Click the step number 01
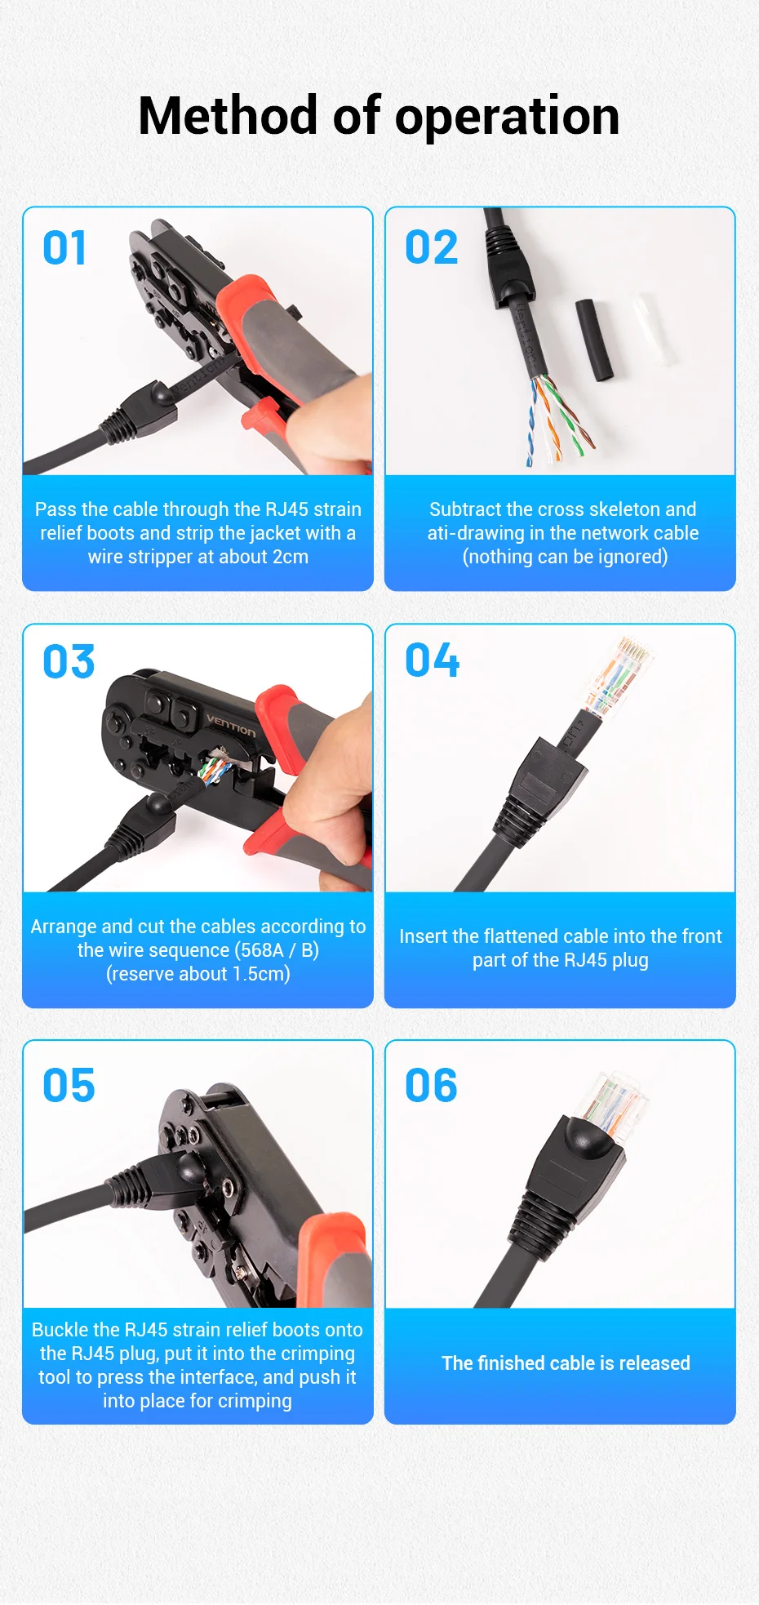(64, 248)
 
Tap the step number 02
(432, 247)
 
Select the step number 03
(69, 661)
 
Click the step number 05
(69, 1086)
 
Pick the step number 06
(431, 1086)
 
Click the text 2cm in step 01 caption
(291, 557)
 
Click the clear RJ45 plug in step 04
(619, 678)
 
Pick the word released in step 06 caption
(655, 1363)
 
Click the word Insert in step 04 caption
(423, 936)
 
